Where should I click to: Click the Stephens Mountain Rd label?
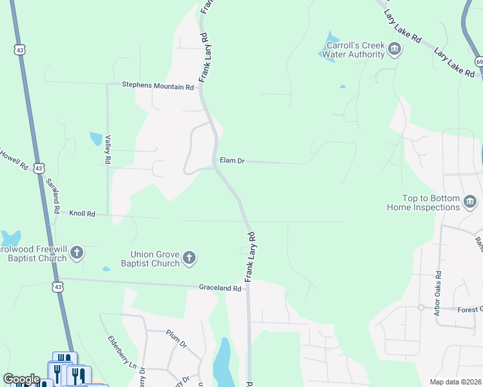pyautogui.click(x=158, y=86)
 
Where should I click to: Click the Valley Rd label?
pyautogui.click(x=108, y=150)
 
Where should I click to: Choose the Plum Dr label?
pyautogui.click(x=176, y=340)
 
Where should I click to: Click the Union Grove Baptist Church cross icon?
pyautogui.click(x=189, y=259)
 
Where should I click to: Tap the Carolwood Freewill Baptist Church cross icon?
pyautogui.click(x=77, y=253)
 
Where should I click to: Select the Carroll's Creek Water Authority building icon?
pyautogui.click(x=395, y=49)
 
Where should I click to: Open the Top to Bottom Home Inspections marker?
pyautogui.click(x=470, y=204)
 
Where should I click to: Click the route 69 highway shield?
pyautogui.click(x=479, y=61)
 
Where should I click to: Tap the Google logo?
pyautogui.click(x=21, y=379)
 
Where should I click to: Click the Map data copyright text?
pyautogui.click(x=455, y=382)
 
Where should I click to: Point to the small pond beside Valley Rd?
pyautogui.click(x=96, y=139)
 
